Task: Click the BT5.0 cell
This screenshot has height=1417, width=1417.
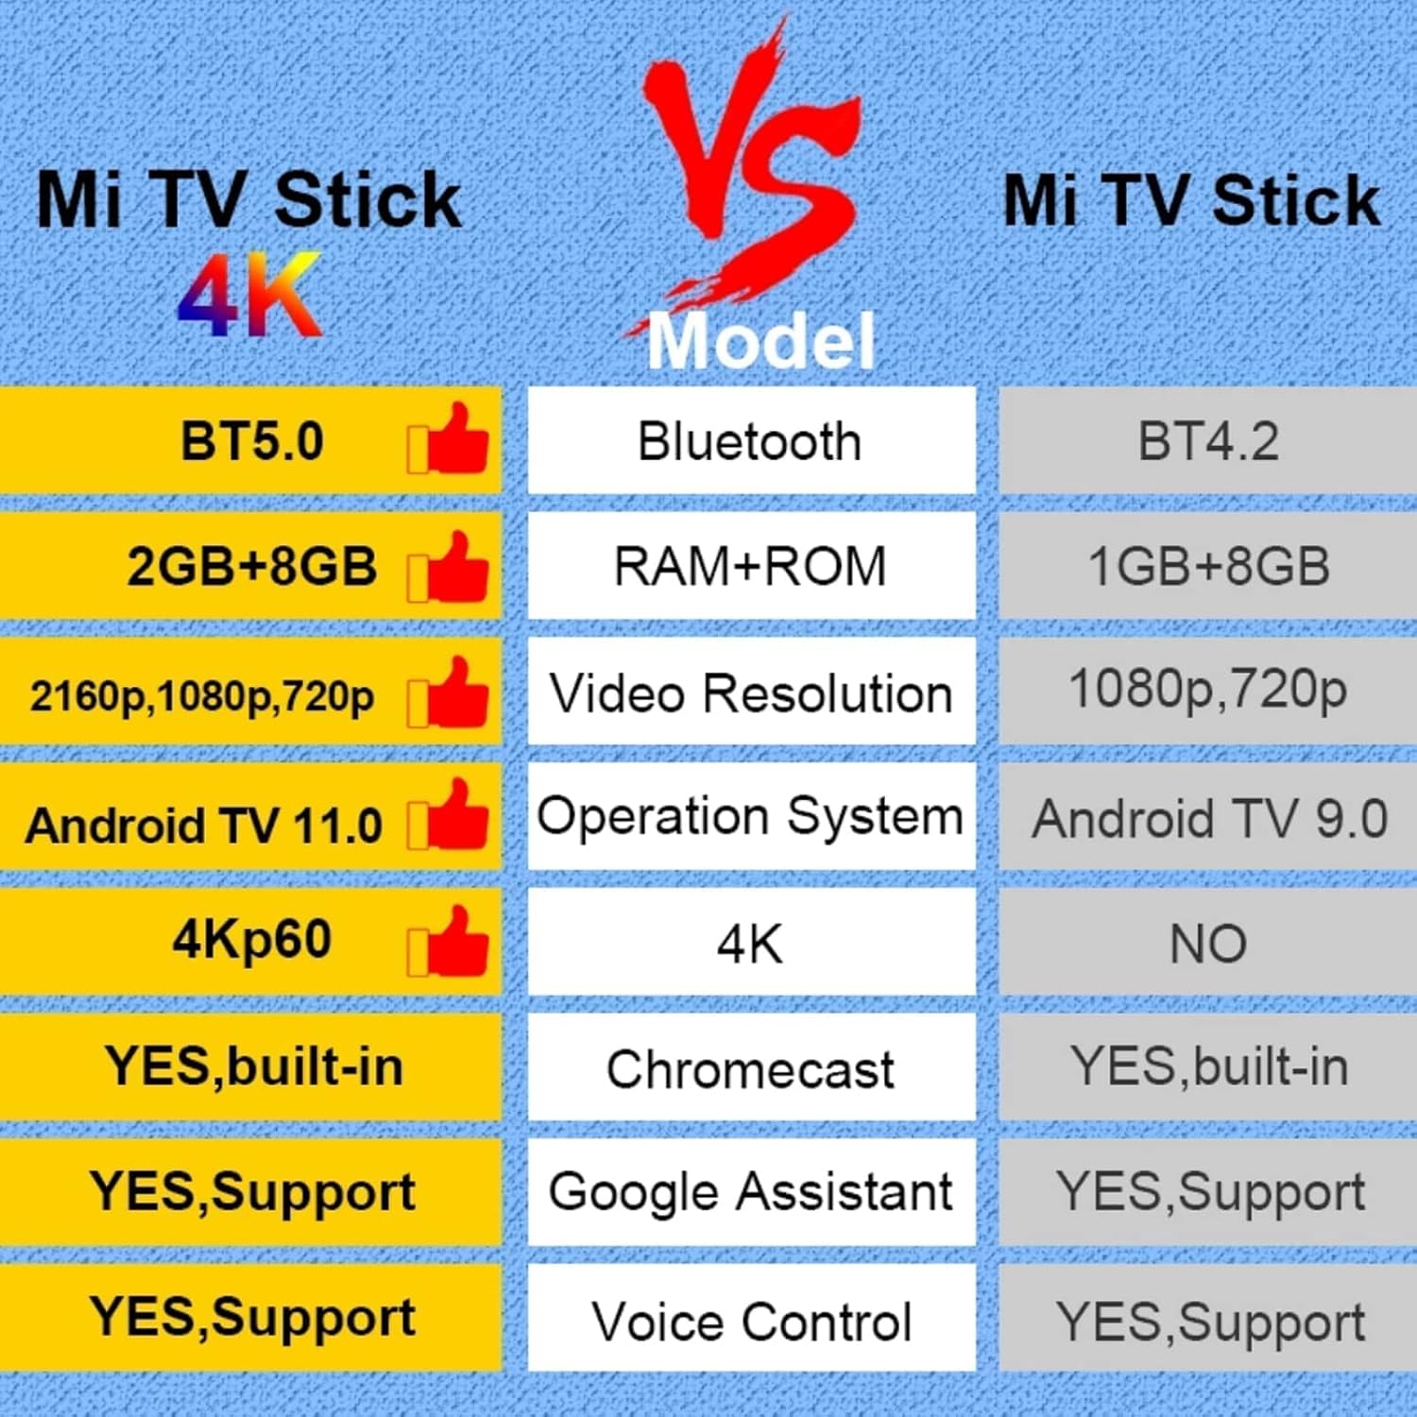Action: pyautogui.click(x=251, y=441)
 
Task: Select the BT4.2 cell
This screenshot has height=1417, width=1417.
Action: pyautogui.click(x=1207, y=441)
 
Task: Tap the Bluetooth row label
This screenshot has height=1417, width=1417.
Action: pyautogui.click(x=750, y=441)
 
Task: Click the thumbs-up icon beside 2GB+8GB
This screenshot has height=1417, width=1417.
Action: pyautogui.click(x=450, y=567)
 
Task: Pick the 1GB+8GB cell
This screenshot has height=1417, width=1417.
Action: pyautogui.click(x=1207, y=567)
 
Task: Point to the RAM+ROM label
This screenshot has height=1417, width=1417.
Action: pyautogui.click(x=750, y=567)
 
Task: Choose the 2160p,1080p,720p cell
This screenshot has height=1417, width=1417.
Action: pyautogui.click(x=202, y=695)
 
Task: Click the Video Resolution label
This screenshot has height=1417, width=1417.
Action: pyautogui.click(x=750, y=693)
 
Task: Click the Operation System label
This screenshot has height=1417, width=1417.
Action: pyautogui.click(x=750, y=816)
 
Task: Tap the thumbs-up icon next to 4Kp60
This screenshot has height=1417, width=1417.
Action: pyautogui.click(x=450, y=941)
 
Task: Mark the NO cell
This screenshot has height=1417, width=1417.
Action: pyautogui.click(x=1207, y=943)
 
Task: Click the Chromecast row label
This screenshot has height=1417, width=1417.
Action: pyautogui.click(x=750, y=1068)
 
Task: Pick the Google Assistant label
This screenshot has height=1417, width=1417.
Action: pyautogui.click(x=750, y=1192)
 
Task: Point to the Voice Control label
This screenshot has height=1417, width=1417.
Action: pyautogui.click(x=750, y=1321)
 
